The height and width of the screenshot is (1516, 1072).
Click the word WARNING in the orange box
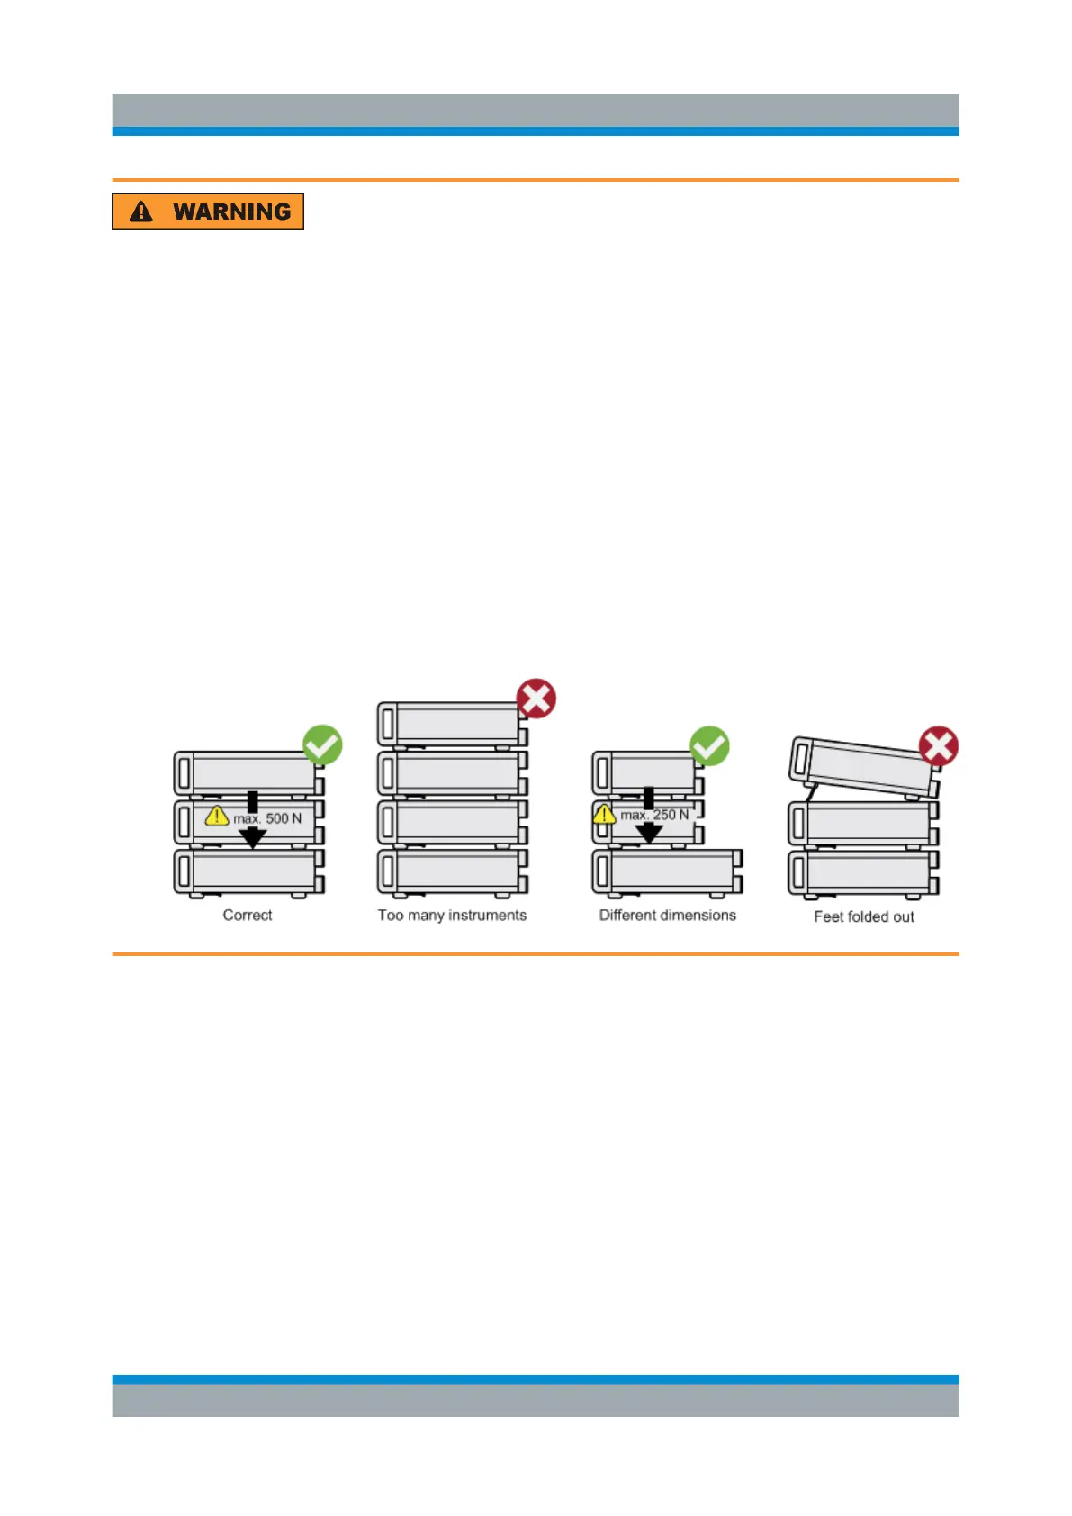click(x=231, y=212)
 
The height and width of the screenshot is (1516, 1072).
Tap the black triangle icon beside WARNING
click(x=141, y=212)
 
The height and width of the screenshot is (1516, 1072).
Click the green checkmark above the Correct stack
click(x=322, y=745)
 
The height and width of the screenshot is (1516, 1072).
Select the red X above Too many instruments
click(x=536, y=699)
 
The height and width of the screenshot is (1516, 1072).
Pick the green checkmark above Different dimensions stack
click(x=709, y=746)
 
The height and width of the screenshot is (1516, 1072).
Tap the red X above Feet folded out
click(x=939, y=746)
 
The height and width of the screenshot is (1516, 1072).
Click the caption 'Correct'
click(x=248, y=915)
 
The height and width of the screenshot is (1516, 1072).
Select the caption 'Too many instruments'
click(x=452, y=915)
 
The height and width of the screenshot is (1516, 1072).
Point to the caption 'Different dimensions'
click(x=668, y=915)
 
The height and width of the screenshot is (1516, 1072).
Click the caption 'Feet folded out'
click(x=864, y=916)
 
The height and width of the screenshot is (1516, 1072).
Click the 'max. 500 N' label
click(x=267, y=818)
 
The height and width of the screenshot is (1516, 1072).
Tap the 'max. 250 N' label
click(x=654, y=815)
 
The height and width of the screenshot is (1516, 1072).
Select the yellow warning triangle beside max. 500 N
click(x=217, y=816)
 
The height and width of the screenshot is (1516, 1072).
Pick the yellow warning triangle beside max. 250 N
click(x=605, y=815)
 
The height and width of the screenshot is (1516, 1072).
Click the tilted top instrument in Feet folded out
click(x=862, y=766)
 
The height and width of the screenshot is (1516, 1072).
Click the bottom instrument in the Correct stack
click(x=248, y=871)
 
